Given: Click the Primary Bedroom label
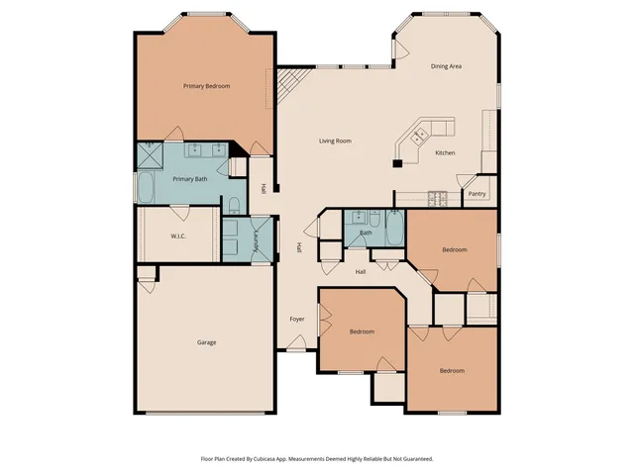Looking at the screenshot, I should click(206, 86).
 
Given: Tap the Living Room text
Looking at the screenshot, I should click(335, 141).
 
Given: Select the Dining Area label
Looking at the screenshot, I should click(446, 66).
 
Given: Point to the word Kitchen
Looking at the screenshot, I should click(446, 152).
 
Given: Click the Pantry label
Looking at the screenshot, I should click(476, 194).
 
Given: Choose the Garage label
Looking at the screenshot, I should click(206, 342).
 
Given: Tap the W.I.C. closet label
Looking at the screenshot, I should click(178, 236).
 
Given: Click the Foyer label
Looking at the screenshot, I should click(296, 320).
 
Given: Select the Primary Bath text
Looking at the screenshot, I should click(189, 179).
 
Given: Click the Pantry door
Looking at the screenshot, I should click(466, 184).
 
